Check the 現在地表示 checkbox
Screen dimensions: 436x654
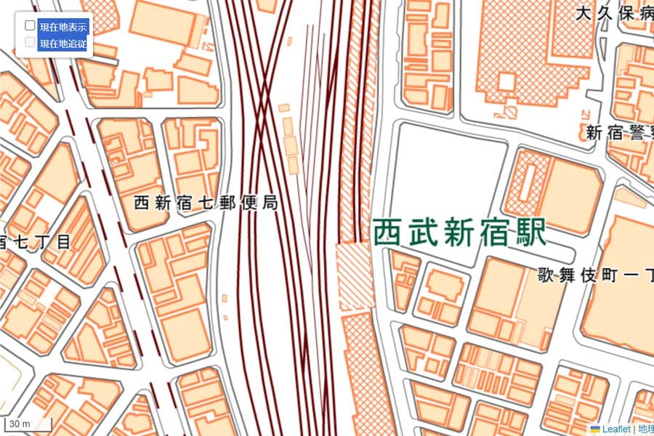(30, 25)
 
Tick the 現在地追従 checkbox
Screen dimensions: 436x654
(30, 42)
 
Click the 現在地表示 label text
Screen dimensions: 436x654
(63, 27)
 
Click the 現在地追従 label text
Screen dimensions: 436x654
(63, 44)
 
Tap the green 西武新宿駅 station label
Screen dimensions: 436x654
(459, 234)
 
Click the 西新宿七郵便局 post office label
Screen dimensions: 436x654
(206, 203)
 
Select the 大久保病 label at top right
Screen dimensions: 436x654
(614, 12)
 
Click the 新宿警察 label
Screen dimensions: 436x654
(619, 133)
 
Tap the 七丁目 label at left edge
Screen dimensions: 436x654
(36, 241)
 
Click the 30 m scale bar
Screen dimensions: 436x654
(28, 424)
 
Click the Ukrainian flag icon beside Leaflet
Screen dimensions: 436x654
(595, 429)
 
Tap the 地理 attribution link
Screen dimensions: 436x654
(645, 429)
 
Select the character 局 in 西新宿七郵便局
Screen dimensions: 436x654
(270, 203)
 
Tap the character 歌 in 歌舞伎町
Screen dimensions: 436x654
(546, 275)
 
